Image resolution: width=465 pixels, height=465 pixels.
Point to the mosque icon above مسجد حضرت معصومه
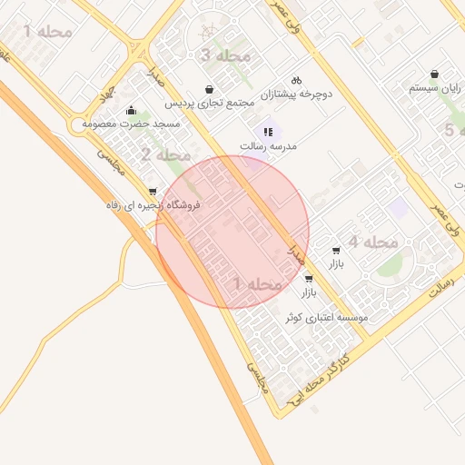132,110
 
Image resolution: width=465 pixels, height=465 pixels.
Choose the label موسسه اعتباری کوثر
327,318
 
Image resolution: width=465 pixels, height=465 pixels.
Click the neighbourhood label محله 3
224,56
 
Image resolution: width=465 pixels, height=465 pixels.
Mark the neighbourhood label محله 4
373,242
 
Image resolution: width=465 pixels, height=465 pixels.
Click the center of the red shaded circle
232,232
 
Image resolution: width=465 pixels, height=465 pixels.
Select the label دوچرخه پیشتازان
300,94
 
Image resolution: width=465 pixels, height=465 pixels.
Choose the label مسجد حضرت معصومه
132,123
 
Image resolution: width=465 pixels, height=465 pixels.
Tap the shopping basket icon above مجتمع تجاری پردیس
211,90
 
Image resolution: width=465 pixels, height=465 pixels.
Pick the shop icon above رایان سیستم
436,74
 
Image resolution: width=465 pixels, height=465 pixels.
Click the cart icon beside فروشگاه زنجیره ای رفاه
152,192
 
